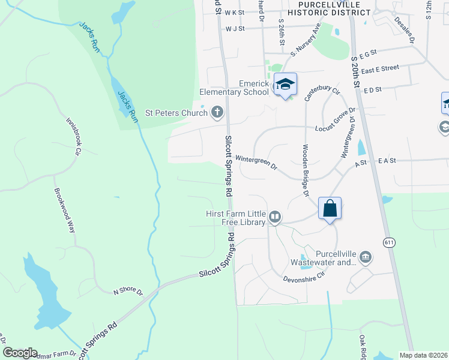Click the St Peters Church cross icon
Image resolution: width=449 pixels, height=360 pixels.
tap(217, 112)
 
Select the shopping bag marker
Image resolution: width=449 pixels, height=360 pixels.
tap(330, 209)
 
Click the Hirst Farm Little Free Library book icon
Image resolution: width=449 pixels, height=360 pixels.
tap(274, 217)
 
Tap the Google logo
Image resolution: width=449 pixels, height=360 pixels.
tap(20, 353)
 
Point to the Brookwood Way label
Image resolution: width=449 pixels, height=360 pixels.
tap(64, 211)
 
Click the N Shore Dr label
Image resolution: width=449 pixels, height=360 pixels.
tap(128, 292)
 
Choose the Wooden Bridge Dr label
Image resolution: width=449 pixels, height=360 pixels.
tap(305, 170)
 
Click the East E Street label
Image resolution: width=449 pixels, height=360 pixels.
tap(381, 70)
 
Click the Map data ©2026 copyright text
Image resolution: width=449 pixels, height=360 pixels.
tap(424, 355)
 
